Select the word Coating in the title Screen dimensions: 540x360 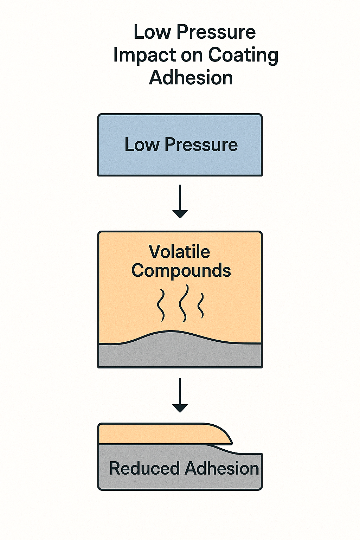(x=243, y=55)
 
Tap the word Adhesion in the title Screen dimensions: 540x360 (x=191, y=78)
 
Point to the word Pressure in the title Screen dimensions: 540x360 (x=216, y=32)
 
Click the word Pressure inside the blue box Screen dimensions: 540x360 (x=201, y=144)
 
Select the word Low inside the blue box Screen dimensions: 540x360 (x=141, y=144)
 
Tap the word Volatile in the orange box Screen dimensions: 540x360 (x=179, y=252)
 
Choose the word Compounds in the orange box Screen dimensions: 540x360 (x=181, y=271)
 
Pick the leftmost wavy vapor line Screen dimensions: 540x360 (x=161, y=305)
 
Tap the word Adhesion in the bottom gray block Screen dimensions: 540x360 (x=221, y=468)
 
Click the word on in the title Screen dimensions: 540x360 (x=191, y=55)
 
